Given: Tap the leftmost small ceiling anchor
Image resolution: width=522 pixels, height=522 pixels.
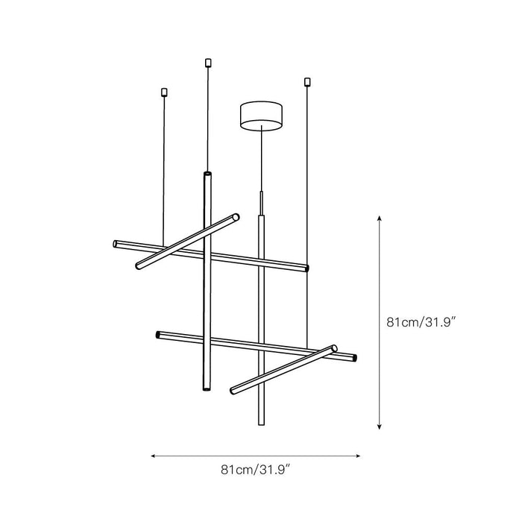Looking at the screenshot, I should point(165,92).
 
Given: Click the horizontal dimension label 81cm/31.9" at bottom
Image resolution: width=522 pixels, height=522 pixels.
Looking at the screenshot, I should point(256,470).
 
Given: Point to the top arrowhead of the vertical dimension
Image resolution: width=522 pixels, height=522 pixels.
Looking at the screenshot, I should point(380,218).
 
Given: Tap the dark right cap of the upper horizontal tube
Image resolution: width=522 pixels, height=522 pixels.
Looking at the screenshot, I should point(306,267).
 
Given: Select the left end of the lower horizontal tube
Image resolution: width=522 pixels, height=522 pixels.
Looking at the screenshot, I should point(158,334).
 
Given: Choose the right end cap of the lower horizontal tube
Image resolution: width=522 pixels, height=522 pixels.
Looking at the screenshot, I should point(355,359).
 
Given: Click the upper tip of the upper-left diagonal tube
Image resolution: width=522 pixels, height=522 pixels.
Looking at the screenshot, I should point(237,217).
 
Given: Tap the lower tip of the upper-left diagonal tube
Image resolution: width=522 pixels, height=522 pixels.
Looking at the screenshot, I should point(137,266).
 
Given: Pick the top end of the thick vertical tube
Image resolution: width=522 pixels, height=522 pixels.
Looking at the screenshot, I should point(207,174).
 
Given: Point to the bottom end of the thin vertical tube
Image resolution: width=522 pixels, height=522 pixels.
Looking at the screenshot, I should point(261,423).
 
